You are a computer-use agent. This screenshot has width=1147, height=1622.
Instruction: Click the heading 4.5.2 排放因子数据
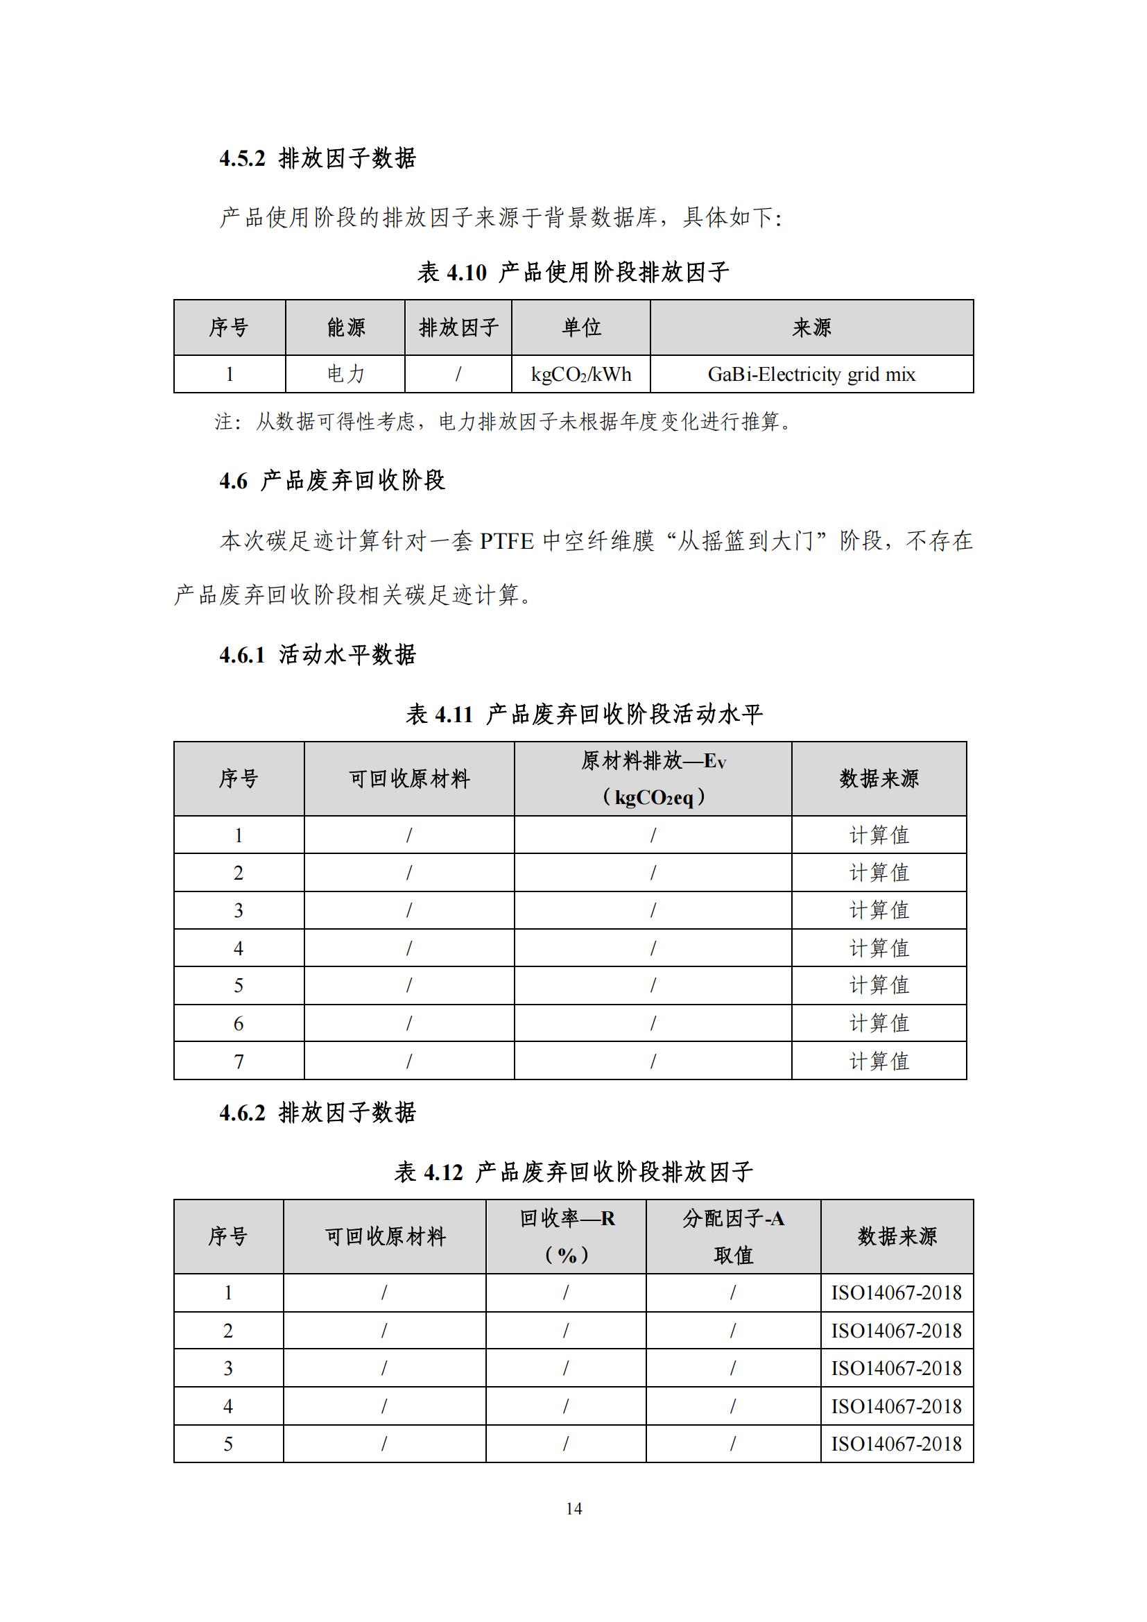(317, 158)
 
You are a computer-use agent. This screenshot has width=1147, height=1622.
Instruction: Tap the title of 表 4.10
(573, 272)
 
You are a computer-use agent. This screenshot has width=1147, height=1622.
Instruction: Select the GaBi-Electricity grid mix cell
(811, 375)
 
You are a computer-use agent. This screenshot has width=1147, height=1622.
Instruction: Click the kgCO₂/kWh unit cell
(580, 375)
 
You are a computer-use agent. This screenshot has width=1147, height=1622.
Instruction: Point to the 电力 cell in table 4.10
(345, 375)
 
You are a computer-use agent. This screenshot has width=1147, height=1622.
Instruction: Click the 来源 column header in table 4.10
(811, 327)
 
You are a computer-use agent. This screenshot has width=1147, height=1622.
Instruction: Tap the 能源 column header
(345, 327)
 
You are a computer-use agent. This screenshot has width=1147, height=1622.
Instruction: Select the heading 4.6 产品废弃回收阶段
(332, 481)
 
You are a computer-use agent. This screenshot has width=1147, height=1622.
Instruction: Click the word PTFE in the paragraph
(506, 542)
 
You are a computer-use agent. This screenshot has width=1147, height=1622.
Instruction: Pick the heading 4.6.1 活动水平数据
(317, 655)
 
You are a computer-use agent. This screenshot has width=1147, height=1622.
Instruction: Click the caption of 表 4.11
(584, 715)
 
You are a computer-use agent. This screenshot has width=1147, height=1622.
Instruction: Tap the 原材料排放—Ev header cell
(653, 778)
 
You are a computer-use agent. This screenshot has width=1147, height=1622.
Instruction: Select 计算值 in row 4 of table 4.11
(879, 948)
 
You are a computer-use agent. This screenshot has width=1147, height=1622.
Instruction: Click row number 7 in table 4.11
(239, 1061)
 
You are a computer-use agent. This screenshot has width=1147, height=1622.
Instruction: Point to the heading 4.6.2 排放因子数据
(317, 1113)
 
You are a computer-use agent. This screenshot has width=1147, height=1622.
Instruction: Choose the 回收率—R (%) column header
(566, 1236)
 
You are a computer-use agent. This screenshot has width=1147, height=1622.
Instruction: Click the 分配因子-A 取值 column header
(733, 1236)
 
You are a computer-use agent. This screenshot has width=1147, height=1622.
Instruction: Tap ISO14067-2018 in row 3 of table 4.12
(896, 1368)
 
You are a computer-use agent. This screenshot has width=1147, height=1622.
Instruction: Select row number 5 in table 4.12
(228, 1444)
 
